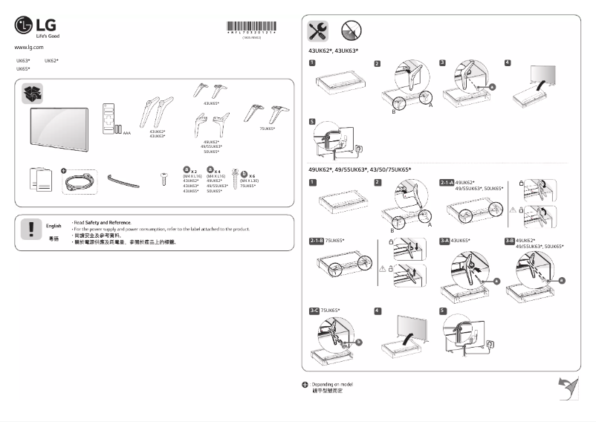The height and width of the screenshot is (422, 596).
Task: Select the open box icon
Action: [33, 93]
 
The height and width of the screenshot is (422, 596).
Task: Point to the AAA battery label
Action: [127, 133]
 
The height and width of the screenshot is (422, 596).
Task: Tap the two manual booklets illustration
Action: [42, 179]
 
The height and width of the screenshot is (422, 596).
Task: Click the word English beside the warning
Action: [54, 225]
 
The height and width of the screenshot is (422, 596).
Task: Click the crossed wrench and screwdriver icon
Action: [317, 30]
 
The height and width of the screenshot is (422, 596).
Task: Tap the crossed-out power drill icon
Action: [351, 30]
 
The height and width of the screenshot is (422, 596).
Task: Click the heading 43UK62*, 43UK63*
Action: [333, 51]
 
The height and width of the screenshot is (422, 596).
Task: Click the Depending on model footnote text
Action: [331, 384]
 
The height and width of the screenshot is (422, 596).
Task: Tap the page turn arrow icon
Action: [569, 388]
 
